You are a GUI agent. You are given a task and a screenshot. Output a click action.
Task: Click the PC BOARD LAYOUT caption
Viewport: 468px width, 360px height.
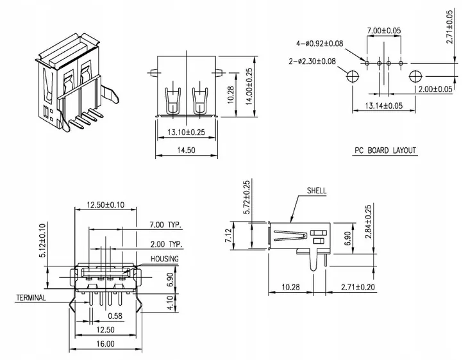[385, 151]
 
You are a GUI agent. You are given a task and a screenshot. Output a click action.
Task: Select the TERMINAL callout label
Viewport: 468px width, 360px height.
[31, 299]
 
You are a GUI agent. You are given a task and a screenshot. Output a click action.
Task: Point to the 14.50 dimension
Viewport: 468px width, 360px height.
[185, 150]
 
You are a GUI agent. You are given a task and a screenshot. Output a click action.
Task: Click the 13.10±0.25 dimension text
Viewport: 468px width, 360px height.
[185, 133]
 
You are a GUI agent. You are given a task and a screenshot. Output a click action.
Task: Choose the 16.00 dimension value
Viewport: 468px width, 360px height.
[105, 344]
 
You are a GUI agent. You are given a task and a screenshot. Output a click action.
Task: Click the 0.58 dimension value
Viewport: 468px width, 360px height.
[115, 316]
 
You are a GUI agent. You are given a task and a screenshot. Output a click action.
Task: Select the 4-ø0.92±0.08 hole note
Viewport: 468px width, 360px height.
[319, 43]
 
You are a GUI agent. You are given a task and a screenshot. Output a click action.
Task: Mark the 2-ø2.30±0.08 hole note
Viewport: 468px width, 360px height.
[312, 61]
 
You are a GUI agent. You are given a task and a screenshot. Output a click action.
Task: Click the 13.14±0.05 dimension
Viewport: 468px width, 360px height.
[383, 106]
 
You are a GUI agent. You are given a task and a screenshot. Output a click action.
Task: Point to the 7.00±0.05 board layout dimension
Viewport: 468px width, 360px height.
[383, 31]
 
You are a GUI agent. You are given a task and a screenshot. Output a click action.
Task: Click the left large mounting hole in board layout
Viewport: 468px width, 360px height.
[352, 76]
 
